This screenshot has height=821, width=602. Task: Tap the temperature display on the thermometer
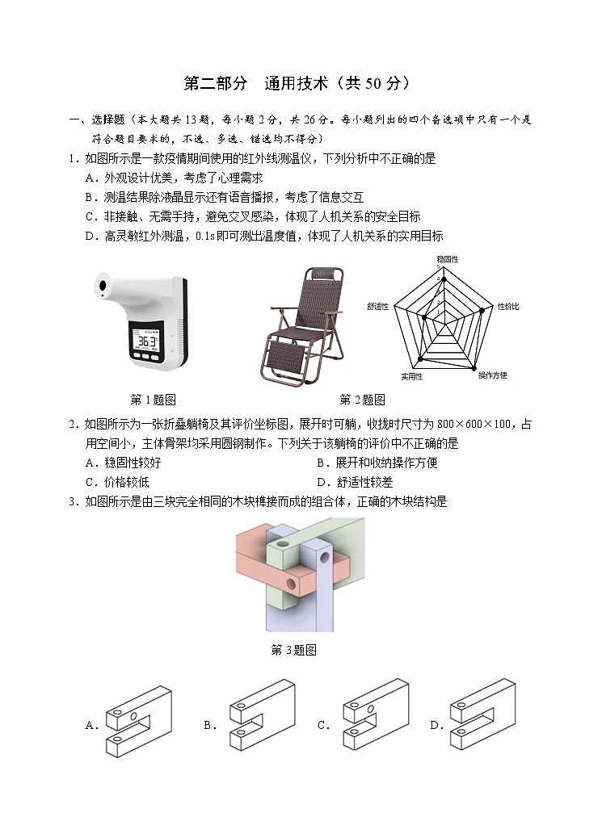point(146,341)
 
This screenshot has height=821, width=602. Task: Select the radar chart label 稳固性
point(447,260)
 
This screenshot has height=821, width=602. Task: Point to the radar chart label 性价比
point(507,307)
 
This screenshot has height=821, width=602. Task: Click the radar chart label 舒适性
point(377,307)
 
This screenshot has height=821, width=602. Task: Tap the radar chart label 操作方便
point(492,375)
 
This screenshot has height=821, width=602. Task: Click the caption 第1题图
point(154,400)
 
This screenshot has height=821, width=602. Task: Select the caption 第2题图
point(362,400)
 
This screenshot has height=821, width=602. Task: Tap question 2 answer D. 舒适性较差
point(354,482)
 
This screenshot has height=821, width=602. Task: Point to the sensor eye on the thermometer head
point(103,286)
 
